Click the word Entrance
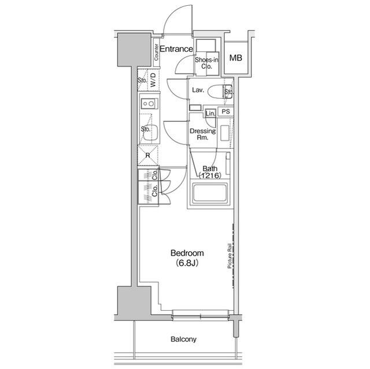pos(176,50)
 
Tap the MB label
pos(235,58)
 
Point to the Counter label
pos(157,52)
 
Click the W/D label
pos(153,80)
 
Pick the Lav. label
pos(198,91)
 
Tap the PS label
pos(226,112)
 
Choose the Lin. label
pos(210,114)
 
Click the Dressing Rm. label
pos(203,135)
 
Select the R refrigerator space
pos(148,155)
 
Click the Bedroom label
pos(187,254)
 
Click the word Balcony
pos(183,340)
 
